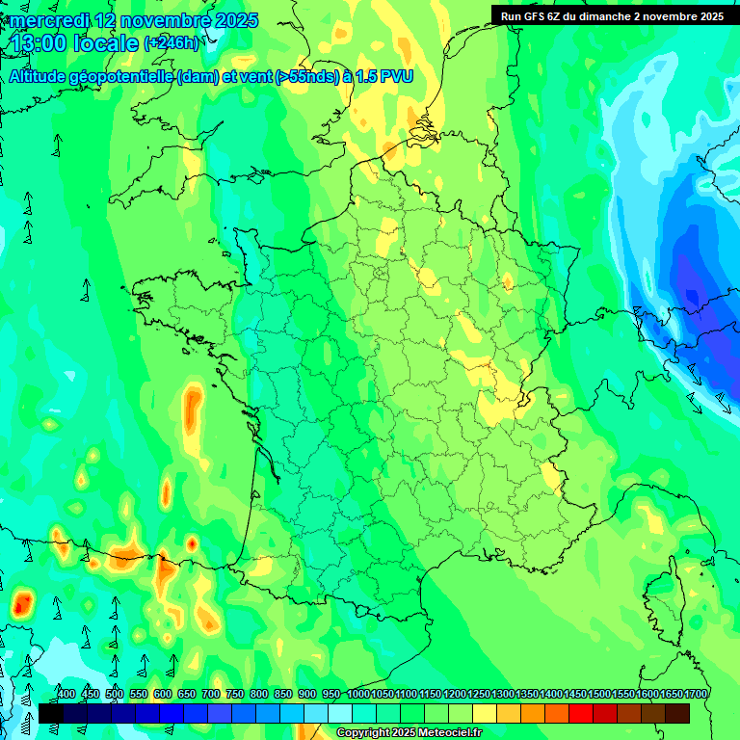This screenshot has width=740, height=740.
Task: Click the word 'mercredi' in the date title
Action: pyautogui.click(x=49, y=20)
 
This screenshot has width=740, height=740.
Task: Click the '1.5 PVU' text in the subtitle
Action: pyautogui.click(x=384, y=76)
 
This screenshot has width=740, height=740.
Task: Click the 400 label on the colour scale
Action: pyautogui.click(x=66, y=694)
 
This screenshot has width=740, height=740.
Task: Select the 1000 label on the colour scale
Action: pyautogui.click(x=358, y=694)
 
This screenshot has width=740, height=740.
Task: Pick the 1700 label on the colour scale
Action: pyautogui.click(x=696, y=694)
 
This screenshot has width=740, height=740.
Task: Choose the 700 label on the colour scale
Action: pyautogui.click(x=211, y=694)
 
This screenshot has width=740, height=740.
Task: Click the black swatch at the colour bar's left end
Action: pyautogui.click(x=51, y=713)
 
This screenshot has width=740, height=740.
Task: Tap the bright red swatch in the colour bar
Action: pyautogui.click(x=581, y=713)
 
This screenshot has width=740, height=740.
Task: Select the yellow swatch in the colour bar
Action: pyautogui.click(x=485, y=713)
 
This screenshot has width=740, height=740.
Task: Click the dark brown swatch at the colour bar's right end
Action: pyautogui.click(x=677, y=713)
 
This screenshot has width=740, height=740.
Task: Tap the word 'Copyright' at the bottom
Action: pyautogui.click(x=363, y=733)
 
